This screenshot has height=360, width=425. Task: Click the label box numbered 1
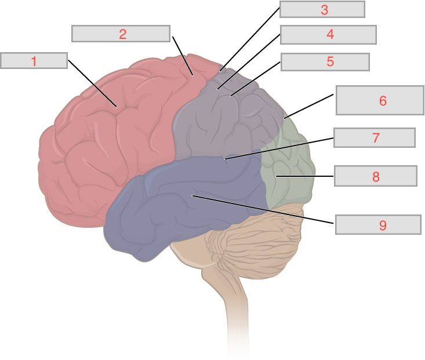pos(34,60)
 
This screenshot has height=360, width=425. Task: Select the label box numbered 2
pos(121,34)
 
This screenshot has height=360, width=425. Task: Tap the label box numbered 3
pos(322,9)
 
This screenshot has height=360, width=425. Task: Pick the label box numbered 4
pos(328,34)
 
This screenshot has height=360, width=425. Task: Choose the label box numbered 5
pos(325,61)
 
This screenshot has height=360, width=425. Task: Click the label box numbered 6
pos(380,100)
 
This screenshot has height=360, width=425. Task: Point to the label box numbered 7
pos(374,137)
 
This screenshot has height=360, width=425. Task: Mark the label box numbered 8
pos(375,176)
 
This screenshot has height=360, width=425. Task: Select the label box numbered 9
pos(378,224)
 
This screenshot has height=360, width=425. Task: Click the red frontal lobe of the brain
pos(104,145)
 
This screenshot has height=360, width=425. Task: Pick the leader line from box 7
pos(278,148)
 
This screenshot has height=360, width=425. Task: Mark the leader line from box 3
pos(249,41)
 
